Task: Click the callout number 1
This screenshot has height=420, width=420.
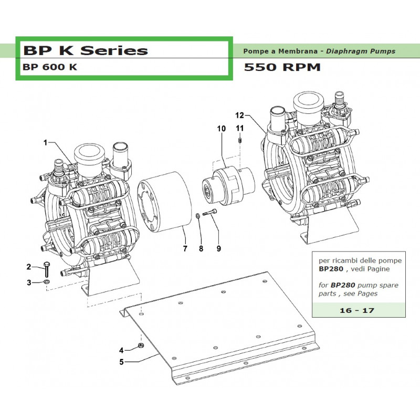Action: pos(45,142)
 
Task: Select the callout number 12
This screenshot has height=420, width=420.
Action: pos(239,115)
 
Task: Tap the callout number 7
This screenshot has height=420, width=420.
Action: pos(185,249)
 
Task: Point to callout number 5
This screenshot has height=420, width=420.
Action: pos(122,361)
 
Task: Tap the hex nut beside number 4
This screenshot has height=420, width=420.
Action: pos(140,345)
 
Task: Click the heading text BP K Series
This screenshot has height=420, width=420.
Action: pos(85,50)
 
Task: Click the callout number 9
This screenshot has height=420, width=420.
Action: pos(218,249)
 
